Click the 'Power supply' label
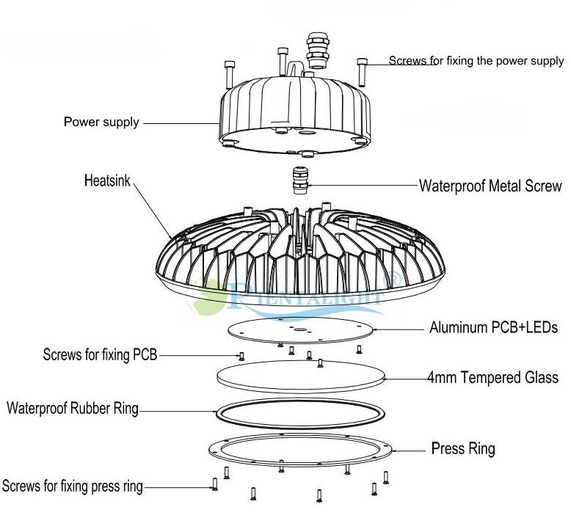point(101,122)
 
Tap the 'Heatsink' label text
point(106,179)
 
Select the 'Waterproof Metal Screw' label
point(490,186)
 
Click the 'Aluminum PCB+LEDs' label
point(494,327)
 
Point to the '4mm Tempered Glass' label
point(492,378)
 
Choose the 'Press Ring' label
point(463,448)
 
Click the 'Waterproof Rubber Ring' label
point(73,408)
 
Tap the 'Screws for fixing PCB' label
point(101,356)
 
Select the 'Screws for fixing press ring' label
point(73,486)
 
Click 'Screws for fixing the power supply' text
point(476,61)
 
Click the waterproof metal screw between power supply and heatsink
point(299,181)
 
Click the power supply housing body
point(294,117)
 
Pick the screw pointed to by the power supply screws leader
point(361,70)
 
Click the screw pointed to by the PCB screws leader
point(241,357)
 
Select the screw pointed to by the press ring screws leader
point(214,484)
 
